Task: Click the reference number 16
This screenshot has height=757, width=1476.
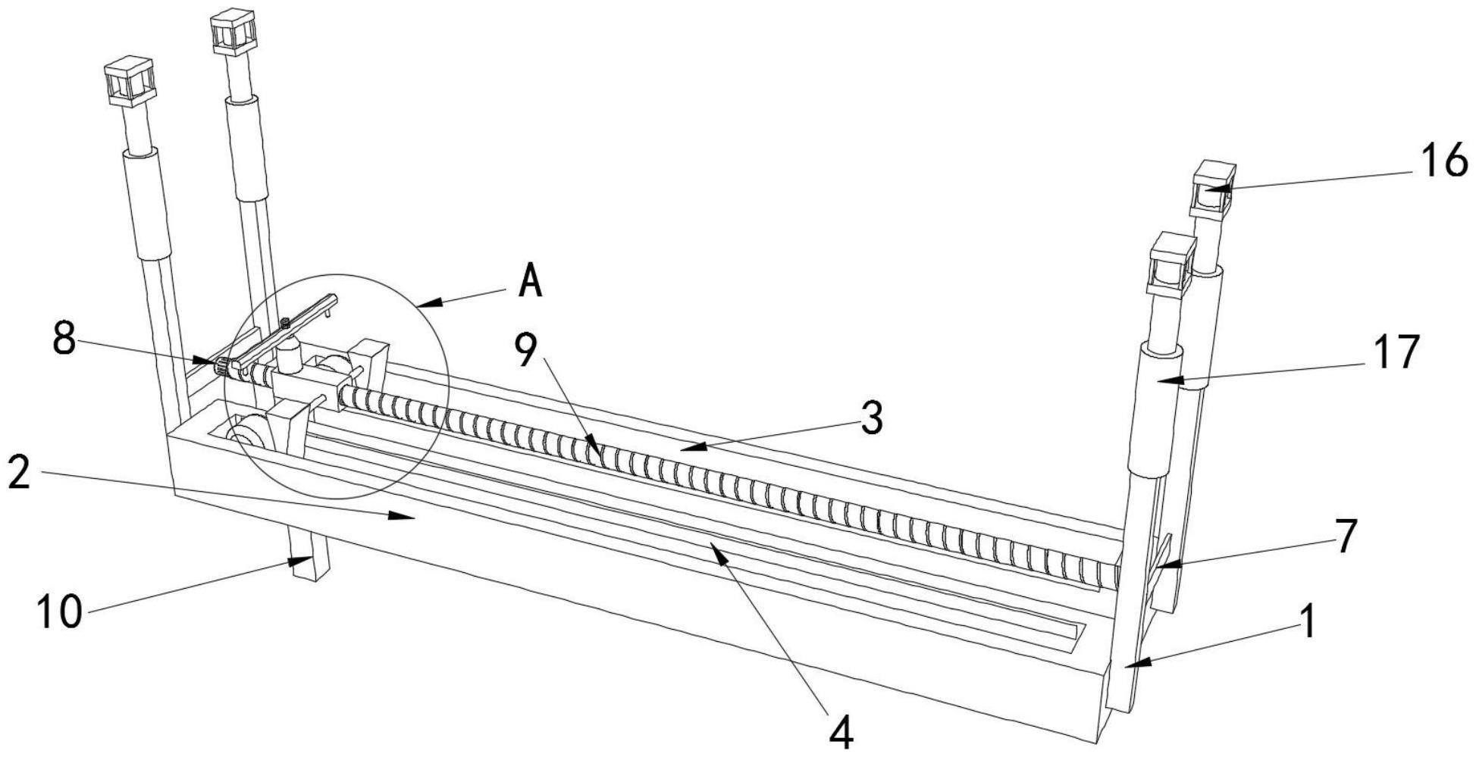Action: coord(1443,161)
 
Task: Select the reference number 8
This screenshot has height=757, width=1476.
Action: coord(64,339)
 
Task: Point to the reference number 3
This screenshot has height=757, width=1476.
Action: coord(873,418)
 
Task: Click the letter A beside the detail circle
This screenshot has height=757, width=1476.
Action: coord(531,282)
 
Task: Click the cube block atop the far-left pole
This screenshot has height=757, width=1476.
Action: coord(129,80)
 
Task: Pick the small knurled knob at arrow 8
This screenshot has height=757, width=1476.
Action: coord(221,368)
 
